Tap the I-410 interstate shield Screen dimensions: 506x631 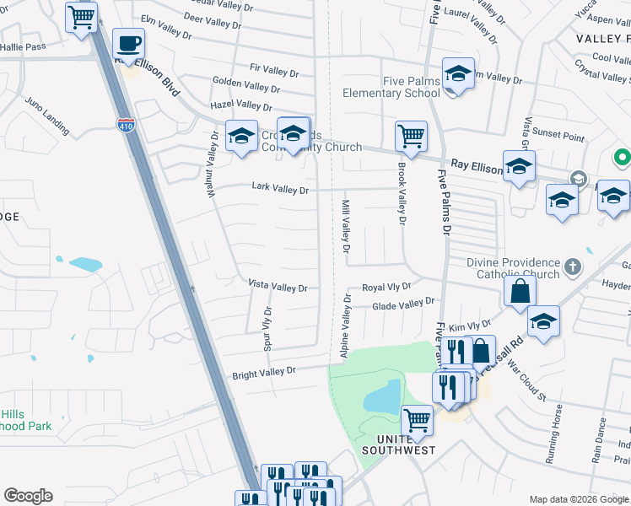(x=125, y=124)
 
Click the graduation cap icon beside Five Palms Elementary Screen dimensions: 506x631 (x=458, y=73)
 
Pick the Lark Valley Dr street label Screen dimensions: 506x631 (x=280, y=190)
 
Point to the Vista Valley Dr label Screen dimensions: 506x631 (x=278, y=288)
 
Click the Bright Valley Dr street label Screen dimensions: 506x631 (x=265, y=371)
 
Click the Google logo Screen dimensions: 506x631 (x=28, y=496)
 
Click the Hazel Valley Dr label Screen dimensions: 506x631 (x=241, y=105)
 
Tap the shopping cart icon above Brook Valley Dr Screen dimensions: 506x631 (x=411, y=136)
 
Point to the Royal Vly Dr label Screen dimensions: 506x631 (x=386, y=288)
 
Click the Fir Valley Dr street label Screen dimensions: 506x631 (x=274, y=73)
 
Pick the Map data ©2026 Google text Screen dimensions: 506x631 (x=578, y=499)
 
